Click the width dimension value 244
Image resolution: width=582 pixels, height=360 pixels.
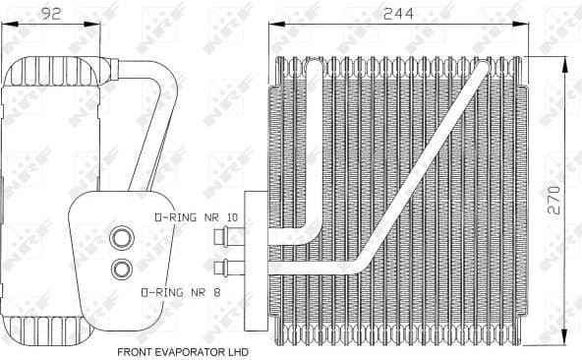(x=397, y=14)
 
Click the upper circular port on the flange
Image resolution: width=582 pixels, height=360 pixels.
(x=123, y=237)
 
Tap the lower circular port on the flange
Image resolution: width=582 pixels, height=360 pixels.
(x=123, y=268)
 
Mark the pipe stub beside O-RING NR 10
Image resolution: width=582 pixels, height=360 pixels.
(x=234, y=236)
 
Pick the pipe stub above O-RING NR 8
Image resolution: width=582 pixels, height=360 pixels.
(x=234, y=266)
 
